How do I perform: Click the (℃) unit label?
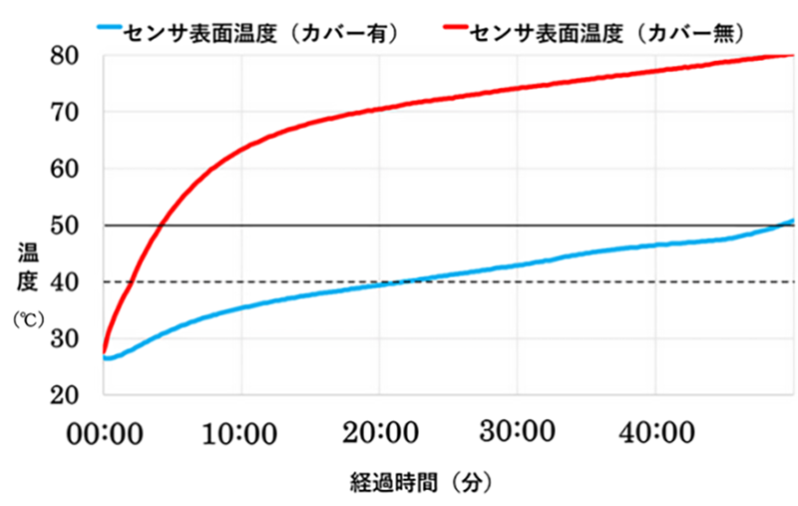(x=24, y=321)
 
